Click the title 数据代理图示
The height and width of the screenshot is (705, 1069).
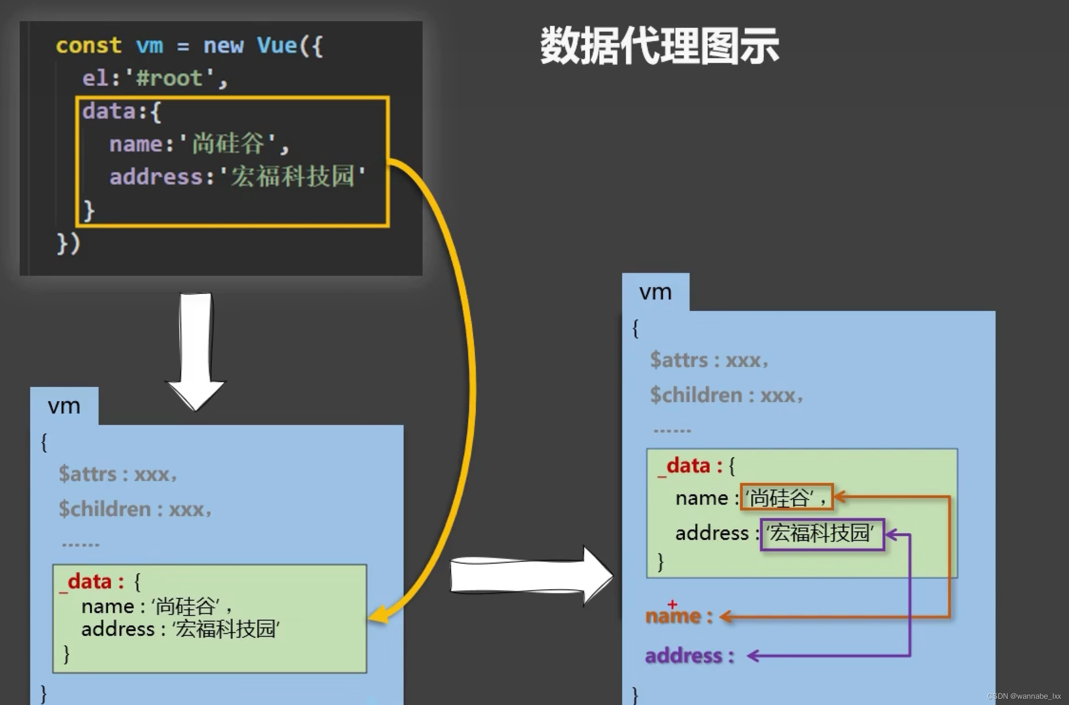point(659,46)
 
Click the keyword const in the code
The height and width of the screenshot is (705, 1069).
point(89,46)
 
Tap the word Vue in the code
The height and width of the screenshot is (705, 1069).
point(277,46)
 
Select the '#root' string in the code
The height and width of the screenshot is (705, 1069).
point(169,78)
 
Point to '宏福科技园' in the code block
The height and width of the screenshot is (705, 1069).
point(293,176)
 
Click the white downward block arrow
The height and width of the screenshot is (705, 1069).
point(196,352)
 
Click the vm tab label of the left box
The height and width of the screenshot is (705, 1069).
point(64,407)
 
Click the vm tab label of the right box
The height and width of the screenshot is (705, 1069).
point(656,292)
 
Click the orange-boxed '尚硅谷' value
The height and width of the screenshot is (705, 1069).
point(786,497)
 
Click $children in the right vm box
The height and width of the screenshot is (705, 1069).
point(696,395)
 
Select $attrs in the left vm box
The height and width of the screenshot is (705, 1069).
point(87,474)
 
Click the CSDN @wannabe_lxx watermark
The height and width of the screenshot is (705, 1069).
point(1024,696)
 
